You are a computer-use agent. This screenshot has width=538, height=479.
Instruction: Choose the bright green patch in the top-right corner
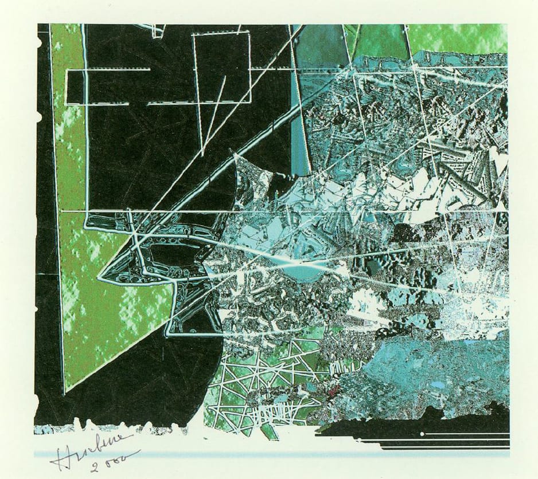tap(459, 37)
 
